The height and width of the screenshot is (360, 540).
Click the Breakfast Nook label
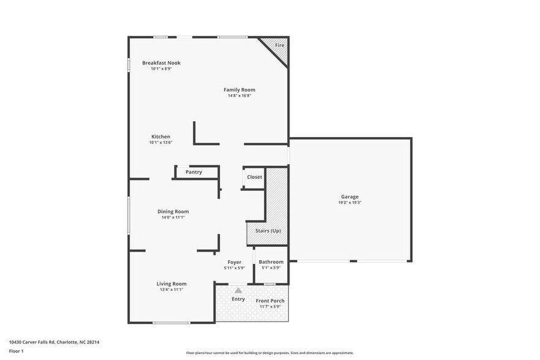coord(161,63)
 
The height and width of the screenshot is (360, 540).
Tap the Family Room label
coord(239,90)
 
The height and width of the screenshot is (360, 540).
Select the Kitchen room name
coord(161,137)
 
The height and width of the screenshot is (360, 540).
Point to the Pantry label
coord(194,172)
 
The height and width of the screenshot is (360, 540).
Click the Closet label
coord(255,177)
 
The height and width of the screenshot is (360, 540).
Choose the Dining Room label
coord(173,211)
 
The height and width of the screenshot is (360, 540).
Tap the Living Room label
coord(171,283)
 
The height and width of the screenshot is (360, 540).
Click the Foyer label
coord(234,262)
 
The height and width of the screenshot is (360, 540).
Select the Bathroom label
coord(271,262)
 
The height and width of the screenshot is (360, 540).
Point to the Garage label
coord(350,197)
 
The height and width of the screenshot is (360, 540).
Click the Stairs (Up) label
coord(268,231)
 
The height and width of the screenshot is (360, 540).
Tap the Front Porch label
coord(270,301)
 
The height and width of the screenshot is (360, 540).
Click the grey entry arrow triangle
coord(238,290)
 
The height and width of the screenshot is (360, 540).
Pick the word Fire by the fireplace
coord(279,46)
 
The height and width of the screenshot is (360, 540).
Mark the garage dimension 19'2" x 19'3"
coord(350,203)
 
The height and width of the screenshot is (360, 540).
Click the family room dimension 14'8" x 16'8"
coord(239,96)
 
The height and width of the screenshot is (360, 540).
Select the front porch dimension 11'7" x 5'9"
coord(270,307)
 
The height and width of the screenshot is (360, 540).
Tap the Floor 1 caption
coord(16,351)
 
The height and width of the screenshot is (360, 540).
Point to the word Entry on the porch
coord(238,299)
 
